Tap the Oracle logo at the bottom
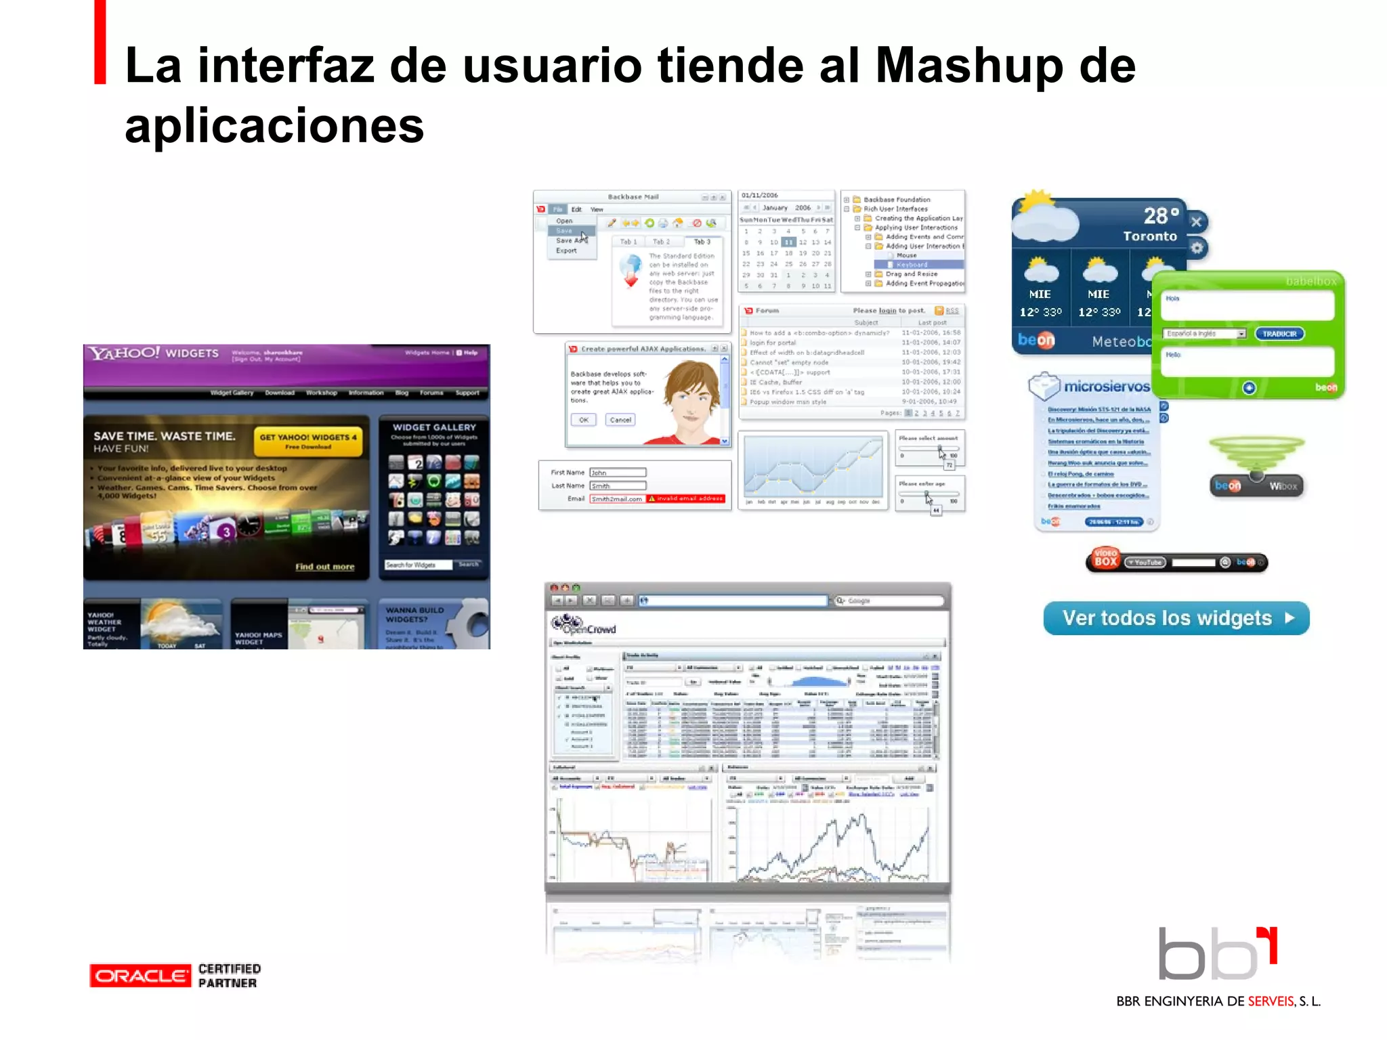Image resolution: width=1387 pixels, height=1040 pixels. coord(140,976)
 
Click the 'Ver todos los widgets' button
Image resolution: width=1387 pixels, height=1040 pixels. coord(1176,618)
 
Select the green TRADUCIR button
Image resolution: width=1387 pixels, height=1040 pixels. coord(1279,334)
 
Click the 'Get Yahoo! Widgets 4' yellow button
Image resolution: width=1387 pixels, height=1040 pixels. coord(308,441)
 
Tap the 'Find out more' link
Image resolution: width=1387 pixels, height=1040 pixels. coord(324,567)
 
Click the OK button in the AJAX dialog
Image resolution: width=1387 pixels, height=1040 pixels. coord(583,420)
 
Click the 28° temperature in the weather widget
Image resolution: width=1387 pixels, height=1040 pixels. coord(1161,216)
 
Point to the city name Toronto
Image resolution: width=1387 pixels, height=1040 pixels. coord(1149,236)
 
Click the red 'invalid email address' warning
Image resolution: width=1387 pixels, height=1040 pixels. coord(685,499)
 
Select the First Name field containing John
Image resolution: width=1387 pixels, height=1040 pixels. coord(617,473)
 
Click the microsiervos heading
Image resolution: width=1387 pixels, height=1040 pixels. coord(1106,387)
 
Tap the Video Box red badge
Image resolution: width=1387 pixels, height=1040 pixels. coord(1105,559)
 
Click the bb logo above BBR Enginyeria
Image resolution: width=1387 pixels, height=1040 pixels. coord(1216,954)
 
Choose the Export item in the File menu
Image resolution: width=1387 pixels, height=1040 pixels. coord(566,251)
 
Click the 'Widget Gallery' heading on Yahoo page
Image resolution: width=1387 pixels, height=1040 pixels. coord(434,428)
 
